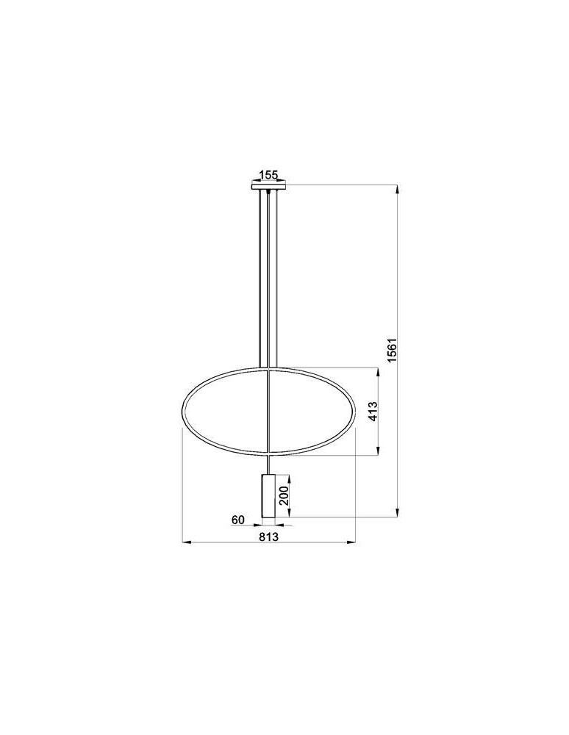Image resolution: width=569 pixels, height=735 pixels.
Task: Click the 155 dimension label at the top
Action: (268, 175)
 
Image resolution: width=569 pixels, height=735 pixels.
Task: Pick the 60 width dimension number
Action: (237, 520)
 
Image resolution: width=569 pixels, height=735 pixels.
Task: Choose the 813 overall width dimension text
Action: (268, 537)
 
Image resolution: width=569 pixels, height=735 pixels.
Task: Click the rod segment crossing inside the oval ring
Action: (270, 412)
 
